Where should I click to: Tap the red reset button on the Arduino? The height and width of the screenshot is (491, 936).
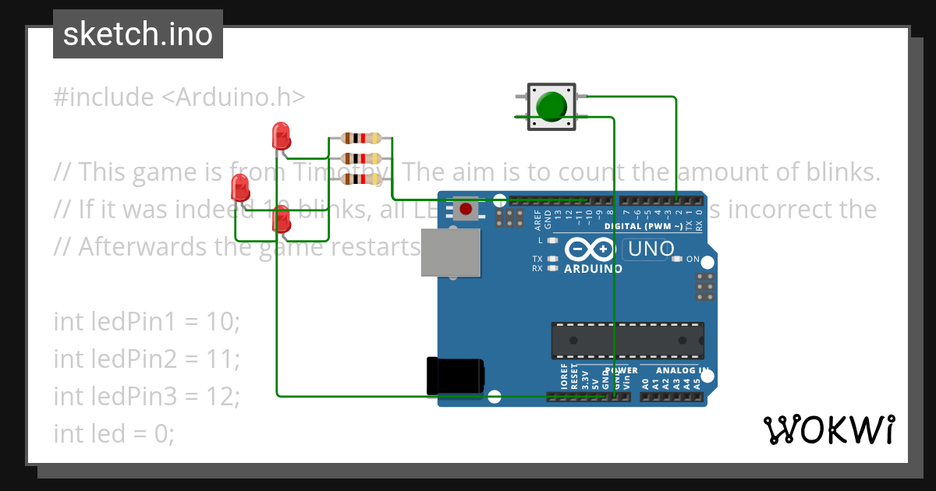pyautogui.click(x=466, y=209)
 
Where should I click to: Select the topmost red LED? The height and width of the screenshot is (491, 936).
pyautogui.click(x=281, y=136)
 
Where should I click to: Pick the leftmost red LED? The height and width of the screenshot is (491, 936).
pyautogui.click(x=241, y=188)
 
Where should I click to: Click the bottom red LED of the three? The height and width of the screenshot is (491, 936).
pyautogui.click(x=281, y=221)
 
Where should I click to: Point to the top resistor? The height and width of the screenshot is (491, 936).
pyautogui.click(x=360, y=139)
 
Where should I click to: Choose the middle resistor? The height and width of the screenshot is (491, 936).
pyautogui.click(x=360, y=159)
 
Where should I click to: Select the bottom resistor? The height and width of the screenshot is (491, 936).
pyautogui.click(x=360, y=179)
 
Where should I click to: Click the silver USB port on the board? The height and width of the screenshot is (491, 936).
pyautogui.click(x=451, y=252)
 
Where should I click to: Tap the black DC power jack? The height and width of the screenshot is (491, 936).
pyautogui.click(x=456, y=375)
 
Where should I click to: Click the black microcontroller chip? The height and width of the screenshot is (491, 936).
pyautogui.click(x=627, y=341)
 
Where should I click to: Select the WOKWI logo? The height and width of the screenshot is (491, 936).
pyautogui.click(x=828, y=429)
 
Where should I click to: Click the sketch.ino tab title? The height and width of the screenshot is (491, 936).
pyautogui.click(x=138, y=34)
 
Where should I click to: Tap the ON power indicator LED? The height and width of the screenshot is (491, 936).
pyautogui.click(x=677, y=259)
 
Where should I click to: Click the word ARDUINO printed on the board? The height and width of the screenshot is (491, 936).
pyautogui.click(x=593, y=269)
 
